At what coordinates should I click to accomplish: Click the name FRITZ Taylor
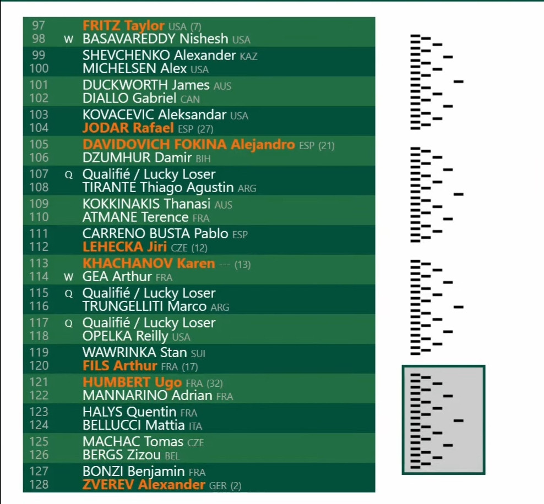pyautogui.click(x=123, y=26)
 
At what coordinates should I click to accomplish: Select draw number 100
pyautogui.click(x=39, y=68)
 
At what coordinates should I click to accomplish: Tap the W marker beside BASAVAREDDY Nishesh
pyautogui.click(x=68, y=39)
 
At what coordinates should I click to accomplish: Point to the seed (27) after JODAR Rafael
pyautogui.click(x=205, y=129)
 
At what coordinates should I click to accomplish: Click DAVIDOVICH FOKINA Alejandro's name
pyautogui.click(x=189, y=145)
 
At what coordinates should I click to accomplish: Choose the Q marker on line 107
pyautogui.click(x=69, y=175)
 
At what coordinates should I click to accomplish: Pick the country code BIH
pyautogui.click(x=203, y=159)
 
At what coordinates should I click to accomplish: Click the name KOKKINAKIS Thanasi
pyautogui.click(x=146, y=204)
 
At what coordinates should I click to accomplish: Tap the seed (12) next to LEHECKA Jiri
pyautogui.click(x=199, y=248)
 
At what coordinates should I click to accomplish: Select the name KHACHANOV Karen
pyautogui.click(x=149, y=264)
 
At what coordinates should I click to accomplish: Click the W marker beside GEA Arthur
pyautogui.click(x=68, y=277)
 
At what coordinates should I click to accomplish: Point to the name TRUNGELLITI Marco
pyautogui.click(x=144, y=306)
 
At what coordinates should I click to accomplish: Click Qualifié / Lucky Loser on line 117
pyautogui.click(x=149, y=323)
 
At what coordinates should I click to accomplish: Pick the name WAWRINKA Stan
pyautogui.click(x=134, y=353)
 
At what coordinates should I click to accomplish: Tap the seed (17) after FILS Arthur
pyautogui.click(x=190, y=367)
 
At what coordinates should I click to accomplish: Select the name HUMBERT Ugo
pyautogui.click(x=132, y=382)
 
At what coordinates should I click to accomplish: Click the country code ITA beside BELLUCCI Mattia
pyautogui.click(x=195, y=426)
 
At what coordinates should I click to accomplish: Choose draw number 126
pyautogui.click(x=39, y=455)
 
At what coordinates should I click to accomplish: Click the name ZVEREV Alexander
pyautogui.click(x=144, y=485)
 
